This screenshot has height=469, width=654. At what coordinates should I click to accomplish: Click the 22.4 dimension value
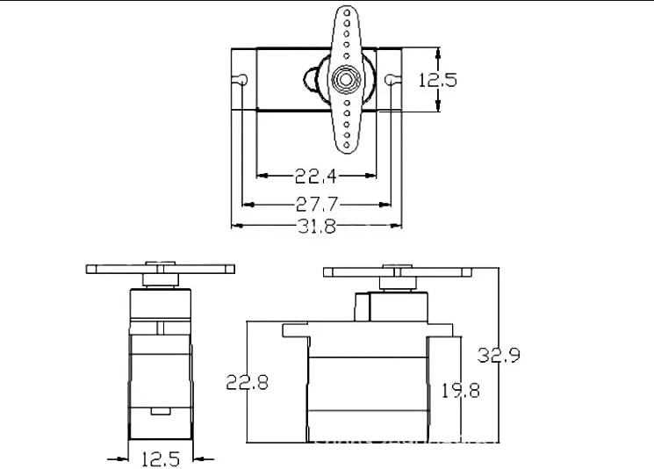point(315,176)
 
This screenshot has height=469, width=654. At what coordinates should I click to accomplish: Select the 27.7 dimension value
point(317,205)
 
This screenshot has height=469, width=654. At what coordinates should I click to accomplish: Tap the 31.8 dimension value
point(317,226)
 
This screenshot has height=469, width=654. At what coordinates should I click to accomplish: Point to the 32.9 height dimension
point(499,355)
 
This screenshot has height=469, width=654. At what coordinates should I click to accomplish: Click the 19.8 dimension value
point(461,391)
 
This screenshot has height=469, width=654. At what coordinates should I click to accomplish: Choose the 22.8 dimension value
point(247,382)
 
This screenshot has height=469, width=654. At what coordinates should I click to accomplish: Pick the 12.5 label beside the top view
point(437,80)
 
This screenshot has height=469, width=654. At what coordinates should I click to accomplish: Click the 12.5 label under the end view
point(161,459)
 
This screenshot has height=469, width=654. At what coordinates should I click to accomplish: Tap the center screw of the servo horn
point(346,79)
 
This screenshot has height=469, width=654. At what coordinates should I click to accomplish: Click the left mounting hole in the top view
point(241,79)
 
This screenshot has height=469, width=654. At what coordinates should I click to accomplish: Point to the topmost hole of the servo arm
point(347,12)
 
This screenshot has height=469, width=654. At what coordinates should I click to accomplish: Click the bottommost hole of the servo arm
point(347,145)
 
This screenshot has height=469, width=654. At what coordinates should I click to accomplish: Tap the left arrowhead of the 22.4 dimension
point(262,176)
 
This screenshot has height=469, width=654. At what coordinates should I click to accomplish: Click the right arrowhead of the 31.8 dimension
point(395,226)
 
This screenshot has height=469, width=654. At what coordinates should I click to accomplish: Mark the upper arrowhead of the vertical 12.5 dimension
point(437,54)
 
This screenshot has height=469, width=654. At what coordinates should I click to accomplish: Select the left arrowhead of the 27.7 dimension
point(248,205)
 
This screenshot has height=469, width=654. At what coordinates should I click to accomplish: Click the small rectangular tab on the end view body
point(161,411)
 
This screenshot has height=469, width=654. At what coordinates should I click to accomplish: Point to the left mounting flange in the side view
point(295,330)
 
